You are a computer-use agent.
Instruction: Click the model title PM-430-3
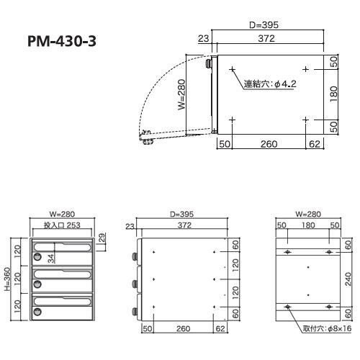click(x=62, y=41)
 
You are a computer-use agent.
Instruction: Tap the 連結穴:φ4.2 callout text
click(x=270, y=84)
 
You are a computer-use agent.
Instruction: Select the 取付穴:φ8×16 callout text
click(x=327, y=328)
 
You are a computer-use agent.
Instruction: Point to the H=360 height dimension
click(x=7, y=279)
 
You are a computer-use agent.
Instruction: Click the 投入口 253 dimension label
click(x=62, y=225)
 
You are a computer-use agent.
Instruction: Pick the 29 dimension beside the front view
click(x=102, y=238)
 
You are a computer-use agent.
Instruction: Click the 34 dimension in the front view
click(x=51, y=258)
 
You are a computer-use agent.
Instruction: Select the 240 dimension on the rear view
click(x=348, y=279)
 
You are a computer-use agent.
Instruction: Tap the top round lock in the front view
click(x=37, y=256)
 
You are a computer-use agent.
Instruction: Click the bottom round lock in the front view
click(x=37, y=312)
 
